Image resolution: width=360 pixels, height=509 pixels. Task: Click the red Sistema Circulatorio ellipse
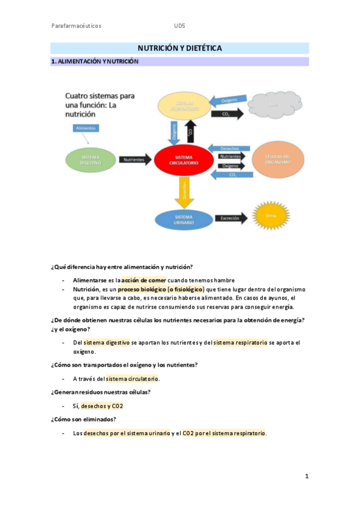coord(184,159)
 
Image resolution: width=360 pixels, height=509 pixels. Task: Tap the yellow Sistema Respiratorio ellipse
coord(184,106)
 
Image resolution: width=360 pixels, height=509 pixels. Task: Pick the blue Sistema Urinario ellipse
coord(184,219)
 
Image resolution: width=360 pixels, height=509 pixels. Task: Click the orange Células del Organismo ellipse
coord(277,159)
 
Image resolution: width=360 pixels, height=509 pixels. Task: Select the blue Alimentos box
coord(86,128)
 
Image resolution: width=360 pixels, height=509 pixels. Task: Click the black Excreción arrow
coord(230,218)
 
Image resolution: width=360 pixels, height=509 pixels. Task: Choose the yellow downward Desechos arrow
coord(185,191)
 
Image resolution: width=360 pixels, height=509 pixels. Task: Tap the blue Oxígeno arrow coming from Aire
coord(227,100)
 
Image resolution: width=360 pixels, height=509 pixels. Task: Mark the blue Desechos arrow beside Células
coord(230,147)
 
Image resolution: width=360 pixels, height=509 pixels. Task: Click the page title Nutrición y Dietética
coord(179,47)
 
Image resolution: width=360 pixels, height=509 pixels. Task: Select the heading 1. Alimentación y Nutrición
coord(95,61)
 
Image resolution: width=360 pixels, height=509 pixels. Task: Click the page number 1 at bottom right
coord(307,477)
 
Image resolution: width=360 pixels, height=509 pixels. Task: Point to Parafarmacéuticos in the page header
coord(76,26)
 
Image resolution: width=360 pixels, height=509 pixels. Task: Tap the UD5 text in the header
coord(179,26)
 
